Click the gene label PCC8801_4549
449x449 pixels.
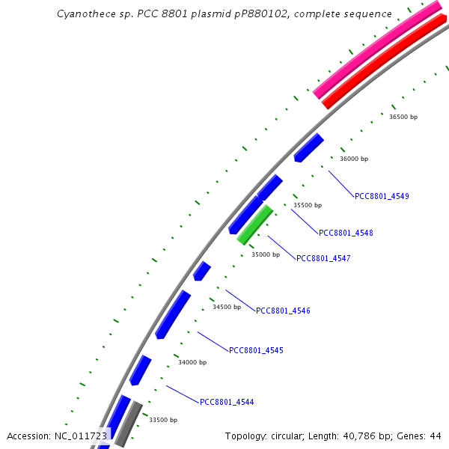[x=382, y=196]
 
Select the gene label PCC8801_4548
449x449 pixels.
[x=346, y=233]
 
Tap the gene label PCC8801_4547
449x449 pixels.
[x=323, y=258]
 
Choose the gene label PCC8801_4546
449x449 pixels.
[x=283, y=311]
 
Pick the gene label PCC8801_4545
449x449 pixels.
[x=256, y=350]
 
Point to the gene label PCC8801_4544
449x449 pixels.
[x=227, y=402]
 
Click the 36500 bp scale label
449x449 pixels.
[x=403, y=117]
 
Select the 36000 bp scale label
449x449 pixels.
[x=354, y=159]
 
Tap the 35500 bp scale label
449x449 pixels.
[x=308, y=205]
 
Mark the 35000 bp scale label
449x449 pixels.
[x=265, y=254]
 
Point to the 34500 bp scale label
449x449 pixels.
[x=227, y=307]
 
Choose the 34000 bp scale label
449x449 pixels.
[x=192, y=362]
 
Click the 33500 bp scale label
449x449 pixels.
[x=163, y=420]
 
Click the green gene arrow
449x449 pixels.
[x=254, y=224]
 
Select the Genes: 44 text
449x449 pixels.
[x=419, y=436]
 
